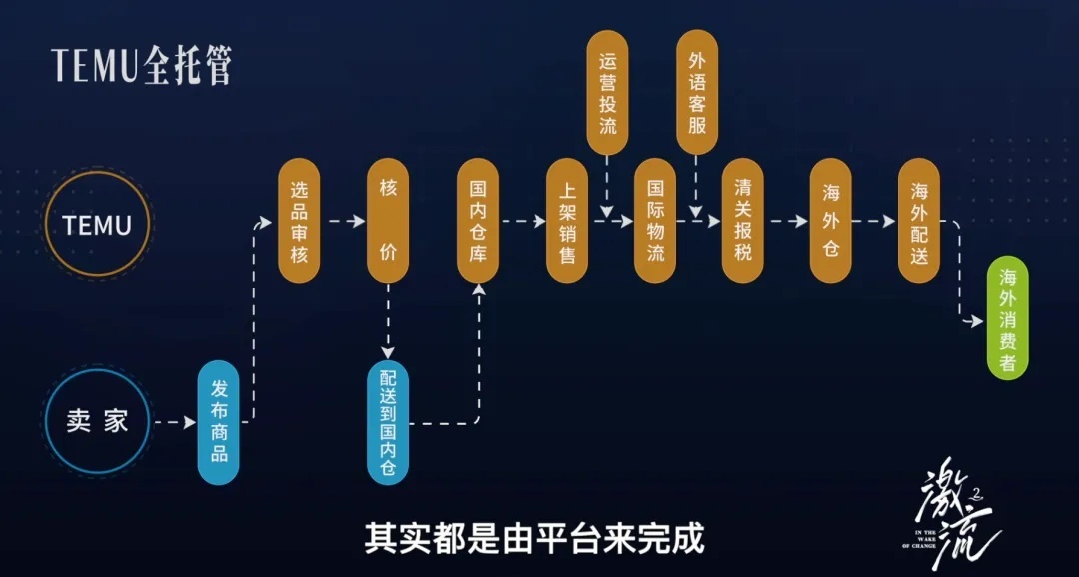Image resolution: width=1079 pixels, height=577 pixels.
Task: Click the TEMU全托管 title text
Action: point(142,66)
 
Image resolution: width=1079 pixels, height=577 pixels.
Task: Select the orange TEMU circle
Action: point(97,225)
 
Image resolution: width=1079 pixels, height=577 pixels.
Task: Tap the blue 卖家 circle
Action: point(97,421)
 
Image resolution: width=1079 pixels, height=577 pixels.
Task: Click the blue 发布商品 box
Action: point(219,422)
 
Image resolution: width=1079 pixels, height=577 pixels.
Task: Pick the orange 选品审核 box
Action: point(299,221)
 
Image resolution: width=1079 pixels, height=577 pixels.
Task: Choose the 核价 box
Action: point(388,221)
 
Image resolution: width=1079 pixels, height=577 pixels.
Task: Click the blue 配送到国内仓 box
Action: point(388,422)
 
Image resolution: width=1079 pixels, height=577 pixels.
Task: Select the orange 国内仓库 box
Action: point(477,221)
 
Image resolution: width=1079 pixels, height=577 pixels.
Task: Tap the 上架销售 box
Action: point(567,221)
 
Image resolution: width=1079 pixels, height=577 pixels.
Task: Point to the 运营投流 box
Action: point(607,92)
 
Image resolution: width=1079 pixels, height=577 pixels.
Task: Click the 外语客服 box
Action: point(697,92)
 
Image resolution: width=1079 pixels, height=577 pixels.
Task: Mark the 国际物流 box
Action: point(655,221)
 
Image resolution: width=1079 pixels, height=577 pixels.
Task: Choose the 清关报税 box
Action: point(742,221)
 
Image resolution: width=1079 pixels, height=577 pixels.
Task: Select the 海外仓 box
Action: point(830,221)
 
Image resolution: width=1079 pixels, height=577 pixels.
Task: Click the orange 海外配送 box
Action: point(919,221)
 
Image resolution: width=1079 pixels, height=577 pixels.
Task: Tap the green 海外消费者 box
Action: point(1007,318)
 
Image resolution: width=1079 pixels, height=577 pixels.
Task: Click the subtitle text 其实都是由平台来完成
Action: point(535,538)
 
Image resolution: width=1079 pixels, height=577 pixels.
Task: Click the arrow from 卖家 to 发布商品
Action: point(175,422)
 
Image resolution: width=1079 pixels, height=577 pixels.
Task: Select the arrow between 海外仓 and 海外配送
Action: point(875,221)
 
